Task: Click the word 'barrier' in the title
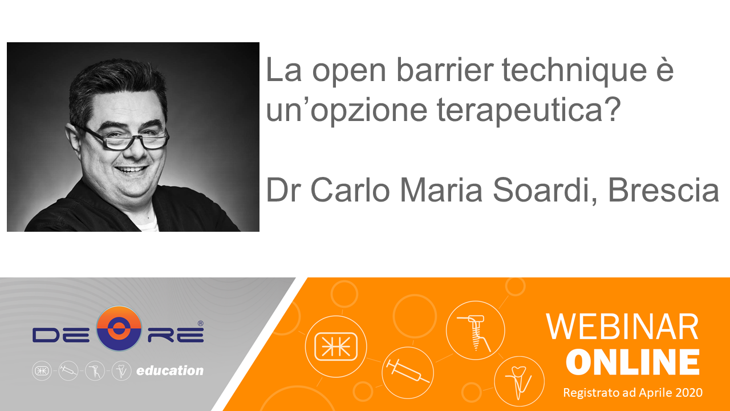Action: [x=445, y=70]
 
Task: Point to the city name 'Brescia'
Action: [x=663, y=190]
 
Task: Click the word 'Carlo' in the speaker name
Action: [x=350, y=190]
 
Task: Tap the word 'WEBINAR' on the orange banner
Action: [x=622, y=327]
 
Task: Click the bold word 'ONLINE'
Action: [x=632, y=362]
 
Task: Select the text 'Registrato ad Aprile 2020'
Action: [x=632, y=392]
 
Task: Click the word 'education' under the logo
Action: [x=170, y=370]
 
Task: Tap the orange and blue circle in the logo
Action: [x=119, y=328]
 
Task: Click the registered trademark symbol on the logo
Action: [x=200, y=323]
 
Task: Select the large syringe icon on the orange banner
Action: [x=407, y=371]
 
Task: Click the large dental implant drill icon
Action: [x=474, y=333]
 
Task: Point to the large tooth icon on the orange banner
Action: [x=518, y=382]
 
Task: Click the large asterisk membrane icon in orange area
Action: [x=336, y=346]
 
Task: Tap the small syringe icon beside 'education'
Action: [x=68, y=371]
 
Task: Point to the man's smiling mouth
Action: [x=131, y=170]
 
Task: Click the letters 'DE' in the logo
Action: [x=60, y=335]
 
